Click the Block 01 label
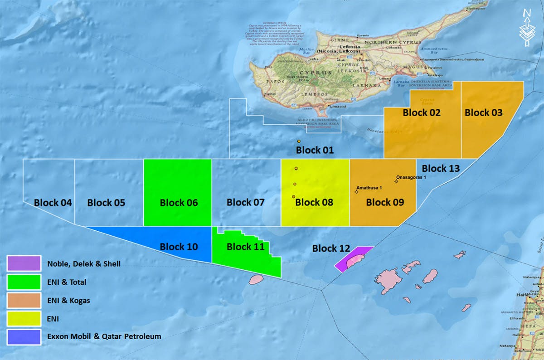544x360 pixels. click(x=315, y=150)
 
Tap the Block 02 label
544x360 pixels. click(x=422, y=112)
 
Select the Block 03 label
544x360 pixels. click(x=484, y=112)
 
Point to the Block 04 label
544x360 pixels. click(x=53, y=202)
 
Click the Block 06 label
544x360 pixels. click(x=179, y=202)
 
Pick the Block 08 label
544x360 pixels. click(x=314, y=202)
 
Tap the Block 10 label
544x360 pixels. click(x=179, y=247)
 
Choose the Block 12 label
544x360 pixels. click(x=331, y=248)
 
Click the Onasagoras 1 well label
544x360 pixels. click(x=411, y=177)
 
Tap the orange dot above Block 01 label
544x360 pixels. click(x=299, y=142)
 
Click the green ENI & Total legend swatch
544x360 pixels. click(x=24, y=282)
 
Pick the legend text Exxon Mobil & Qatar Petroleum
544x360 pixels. click(x=104, y=336)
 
